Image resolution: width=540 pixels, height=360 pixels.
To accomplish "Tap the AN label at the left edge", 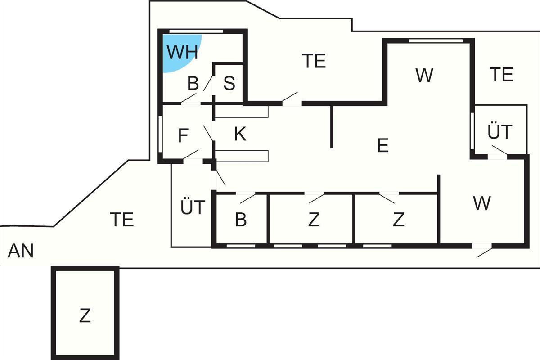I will click(21, 251).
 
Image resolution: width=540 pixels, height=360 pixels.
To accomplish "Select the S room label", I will click(229, 84).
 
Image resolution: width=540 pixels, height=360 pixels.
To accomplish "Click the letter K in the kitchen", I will click(240, 135).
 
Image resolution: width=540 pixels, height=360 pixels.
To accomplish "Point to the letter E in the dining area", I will click(382, 146).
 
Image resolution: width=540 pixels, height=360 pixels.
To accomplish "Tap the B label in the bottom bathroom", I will click(241, 220).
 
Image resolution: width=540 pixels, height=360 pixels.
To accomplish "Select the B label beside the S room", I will click(193, 84).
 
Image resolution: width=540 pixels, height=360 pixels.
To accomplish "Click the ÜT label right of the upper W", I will click(499, 132).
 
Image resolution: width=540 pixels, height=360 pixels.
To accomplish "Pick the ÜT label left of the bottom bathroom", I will click(193, 208).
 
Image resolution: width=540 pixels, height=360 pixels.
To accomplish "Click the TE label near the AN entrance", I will click(122, 220).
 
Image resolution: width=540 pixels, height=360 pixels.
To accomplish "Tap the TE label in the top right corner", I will click(501, 74).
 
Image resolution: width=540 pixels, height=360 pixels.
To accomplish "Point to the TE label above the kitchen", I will click(314, 61).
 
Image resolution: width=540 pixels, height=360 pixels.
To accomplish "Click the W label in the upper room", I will click(424, 76).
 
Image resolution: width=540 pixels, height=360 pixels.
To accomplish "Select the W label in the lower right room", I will click(481, 203).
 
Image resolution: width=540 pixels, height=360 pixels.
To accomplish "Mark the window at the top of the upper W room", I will click(436, 40).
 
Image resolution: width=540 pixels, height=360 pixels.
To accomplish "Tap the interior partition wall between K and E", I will click(332, 126).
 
